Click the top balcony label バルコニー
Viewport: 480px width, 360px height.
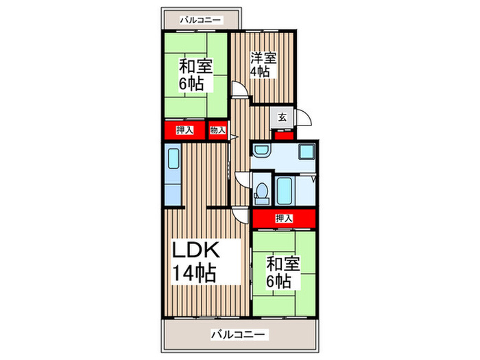(201, 20)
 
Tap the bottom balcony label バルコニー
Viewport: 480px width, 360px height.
(239, 335)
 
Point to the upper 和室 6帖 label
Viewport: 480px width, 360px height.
(195, 75)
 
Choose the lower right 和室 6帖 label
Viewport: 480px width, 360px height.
(282, 272)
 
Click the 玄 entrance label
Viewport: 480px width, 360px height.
(283, 117)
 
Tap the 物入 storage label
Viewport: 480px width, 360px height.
(217, 130)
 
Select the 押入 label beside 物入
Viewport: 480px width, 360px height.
(184, 130)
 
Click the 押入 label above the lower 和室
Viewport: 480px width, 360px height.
(283, 219)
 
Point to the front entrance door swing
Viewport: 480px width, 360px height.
(304, 118)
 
